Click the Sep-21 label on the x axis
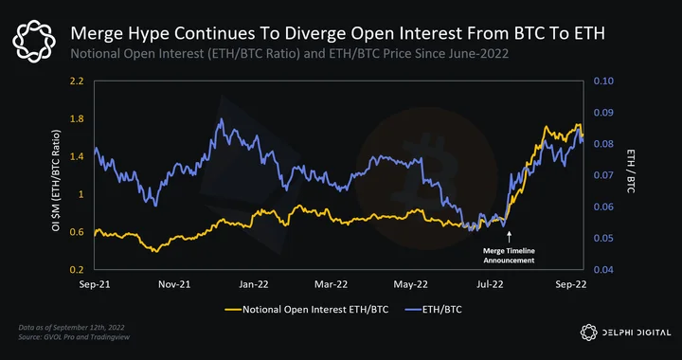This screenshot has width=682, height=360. point(95,284)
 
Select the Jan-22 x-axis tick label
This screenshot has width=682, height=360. point(255,284)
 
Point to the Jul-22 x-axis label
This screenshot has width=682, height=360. point(491,284)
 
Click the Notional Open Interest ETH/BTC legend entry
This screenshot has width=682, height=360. point(307,310)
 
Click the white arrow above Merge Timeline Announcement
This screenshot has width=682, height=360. point(510,237)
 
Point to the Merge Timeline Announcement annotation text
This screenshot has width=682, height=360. point(509,256)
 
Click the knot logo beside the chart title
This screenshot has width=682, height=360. point(34,42)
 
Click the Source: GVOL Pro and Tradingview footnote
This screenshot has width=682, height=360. point(74,337)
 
